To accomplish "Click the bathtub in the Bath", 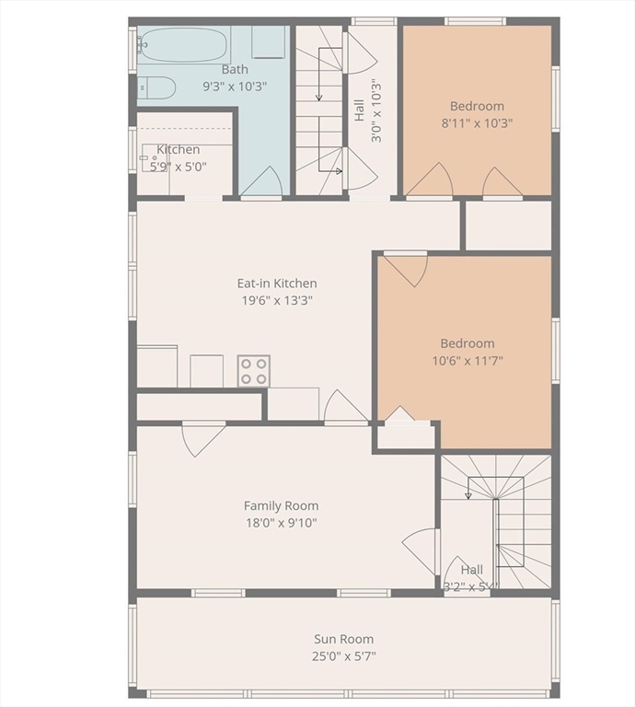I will pos(184,44).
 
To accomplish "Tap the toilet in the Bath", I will pos(157,87).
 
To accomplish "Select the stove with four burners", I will pos(254,370).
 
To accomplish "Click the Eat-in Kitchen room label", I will pos(277,284).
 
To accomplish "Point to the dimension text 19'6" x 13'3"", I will pos(277,300).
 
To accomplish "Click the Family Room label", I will pos(281,505).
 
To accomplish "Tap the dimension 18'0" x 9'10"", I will pos(281,523).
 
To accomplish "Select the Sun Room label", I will pos(343,639).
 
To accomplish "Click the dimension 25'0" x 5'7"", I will pos(343,656).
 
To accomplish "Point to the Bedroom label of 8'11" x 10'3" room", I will pos(477,106).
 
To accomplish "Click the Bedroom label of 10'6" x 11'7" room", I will pos(467,343).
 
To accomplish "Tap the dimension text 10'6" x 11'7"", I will pos(467,360).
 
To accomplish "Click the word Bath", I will pos(235,69).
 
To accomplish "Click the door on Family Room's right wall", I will pos(421,551).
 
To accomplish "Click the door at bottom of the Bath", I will pos(261,181).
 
